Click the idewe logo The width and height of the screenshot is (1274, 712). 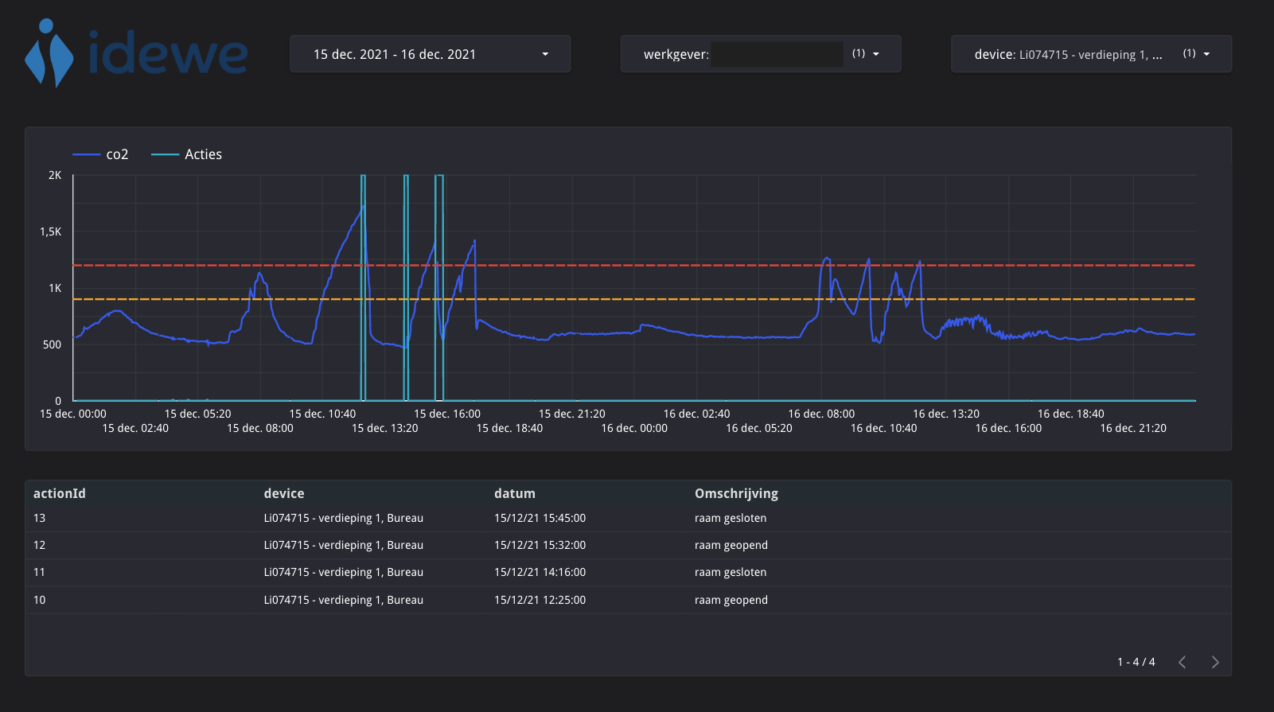tap(136, 53)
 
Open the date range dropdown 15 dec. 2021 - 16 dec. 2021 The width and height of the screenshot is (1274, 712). tap(430, 54)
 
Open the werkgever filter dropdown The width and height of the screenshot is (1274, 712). tap(760, 54)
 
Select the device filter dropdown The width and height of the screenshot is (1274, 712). tap(1091, 54)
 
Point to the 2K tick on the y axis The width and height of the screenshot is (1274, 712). tap(55, 175)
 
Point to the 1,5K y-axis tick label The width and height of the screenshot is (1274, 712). tap(51, 231)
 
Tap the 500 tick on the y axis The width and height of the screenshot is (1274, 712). tap(52, 344)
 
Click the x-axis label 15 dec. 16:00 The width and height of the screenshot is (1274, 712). tap(447, 414)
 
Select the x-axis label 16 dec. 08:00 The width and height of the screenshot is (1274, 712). tap(821, 414)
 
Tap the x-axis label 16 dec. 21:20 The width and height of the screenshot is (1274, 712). tap(1133, 428)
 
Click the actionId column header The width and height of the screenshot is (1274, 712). tap(60, 493)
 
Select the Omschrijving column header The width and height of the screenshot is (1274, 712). tap(736, 493)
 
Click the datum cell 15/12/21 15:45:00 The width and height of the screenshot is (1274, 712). tap(540, 518)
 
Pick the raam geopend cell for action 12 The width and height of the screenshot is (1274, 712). tap(731, 545)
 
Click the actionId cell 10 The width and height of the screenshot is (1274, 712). tap(40, 600)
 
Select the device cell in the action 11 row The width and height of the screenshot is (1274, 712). tap(343, 572)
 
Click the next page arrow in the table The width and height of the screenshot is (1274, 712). tap(1214, 662)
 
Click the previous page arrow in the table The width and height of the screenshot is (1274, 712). tap(1182, 662)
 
